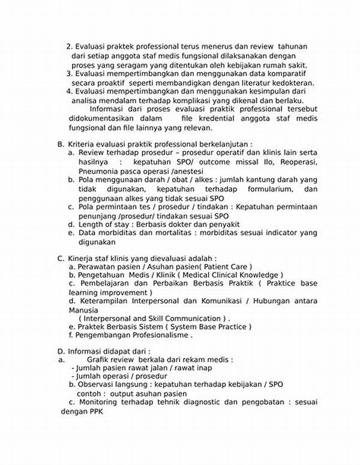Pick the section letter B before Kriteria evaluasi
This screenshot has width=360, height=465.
click(60, 145)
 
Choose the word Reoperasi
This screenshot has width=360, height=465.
click(293, 162)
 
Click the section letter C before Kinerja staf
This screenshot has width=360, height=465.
click(60, 259)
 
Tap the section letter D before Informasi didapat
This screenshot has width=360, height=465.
click(60, 352)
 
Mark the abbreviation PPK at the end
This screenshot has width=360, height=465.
click(97, 412)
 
